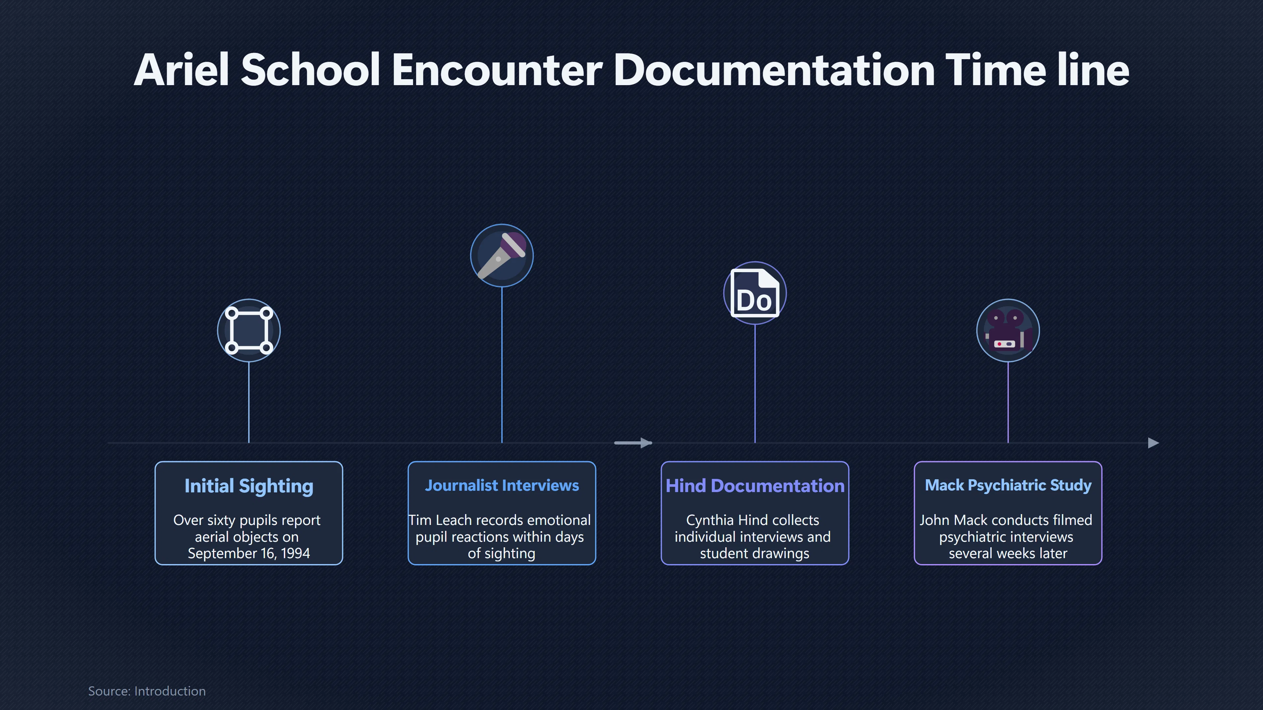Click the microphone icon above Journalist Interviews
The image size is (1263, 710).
click(502, 255)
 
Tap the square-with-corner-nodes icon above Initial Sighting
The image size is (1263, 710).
click(249, 330)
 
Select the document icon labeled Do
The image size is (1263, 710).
click(755, 293)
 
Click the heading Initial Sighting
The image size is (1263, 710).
click(249, 486)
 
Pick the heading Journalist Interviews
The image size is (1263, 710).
click(502, 485)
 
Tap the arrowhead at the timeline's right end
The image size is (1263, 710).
click(1154, 443)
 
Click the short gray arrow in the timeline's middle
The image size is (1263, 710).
click(633, 443)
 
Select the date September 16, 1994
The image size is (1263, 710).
click(249, 553)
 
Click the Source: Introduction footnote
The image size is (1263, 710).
click(147, 691)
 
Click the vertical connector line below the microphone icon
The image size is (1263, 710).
click(502, 365)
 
